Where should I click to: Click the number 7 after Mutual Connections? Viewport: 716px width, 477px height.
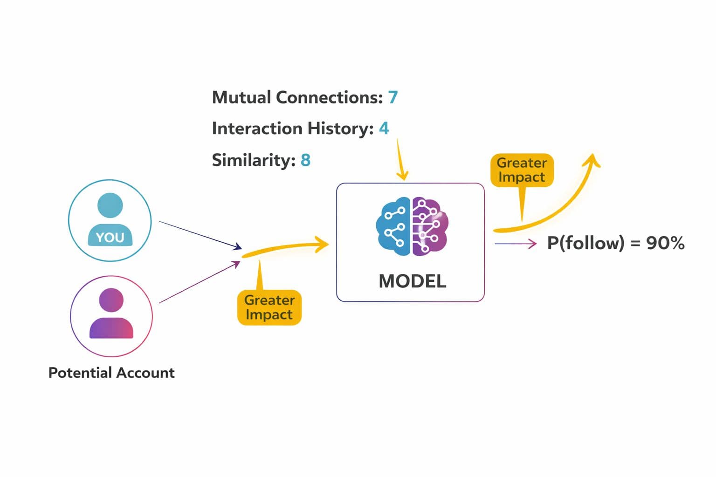click(393, 97)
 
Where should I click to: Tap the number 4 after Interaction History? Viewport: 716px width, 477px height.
click(384, 128)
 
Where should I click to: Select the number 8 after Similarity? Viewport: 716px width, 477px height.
click(306, 160)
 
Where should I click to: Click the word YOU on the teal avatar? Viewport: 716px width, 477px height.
click(110, 237)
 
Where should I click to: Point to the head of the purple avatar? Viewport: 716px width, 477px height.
click(111, 300)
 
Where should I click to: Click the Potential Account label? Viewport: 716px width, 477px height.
click(111, 373)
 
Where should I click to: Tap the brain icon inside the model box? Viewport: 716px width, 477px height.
click(412, 226)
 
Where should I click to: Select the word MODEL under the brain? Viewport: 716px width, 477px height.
click(412, 281)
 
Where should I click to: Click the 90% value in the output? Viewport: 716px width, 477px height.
click(665, 243)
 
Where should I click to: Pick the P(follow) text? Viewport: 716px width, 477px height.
click(585, 243)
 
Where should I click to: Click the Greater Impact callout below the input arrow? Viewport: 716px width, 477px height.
click(269, 307)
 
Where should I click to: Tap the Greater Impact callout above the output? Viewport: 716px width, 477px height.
click(522, 170)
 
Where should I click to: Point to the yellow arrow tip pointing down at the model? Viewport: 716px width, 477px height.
click(402, 176)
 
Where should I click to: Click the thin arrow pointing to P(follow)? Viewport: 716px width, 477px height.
click(515, 243)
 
